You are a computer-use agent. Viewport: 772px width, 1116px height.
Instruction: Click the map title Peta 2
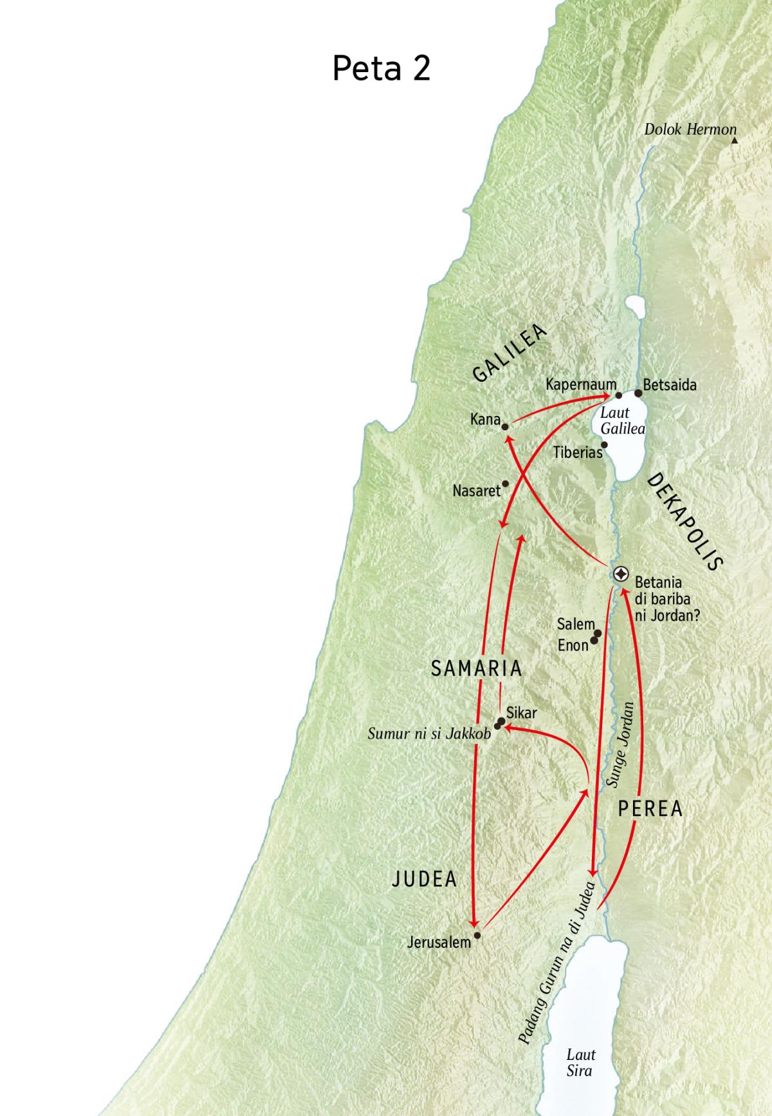pos(381,68)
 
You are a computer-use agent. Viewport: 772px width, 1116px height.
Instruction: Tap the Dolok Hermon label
pos(690,129)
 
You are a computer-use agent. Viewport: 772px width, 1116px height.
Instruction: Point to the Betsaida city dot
pos(638,393)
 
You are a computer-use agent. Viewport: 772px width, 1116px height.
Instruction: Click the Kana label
pos(485,420)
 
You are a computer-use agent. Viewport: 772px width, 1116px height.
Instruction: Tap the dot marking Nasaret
pos(505,484)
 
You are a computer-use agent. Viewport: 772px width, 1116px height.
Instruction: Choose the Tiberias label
pos(577,453)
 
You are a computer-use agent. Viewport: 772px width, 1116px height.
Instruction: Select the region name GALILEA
pos(510,354)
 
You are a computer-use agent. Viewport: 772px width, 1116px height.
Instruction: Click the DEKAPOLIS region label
pos(685,522)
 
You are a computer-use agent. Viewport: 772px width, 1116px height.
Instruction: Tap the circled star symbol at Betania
pos(621,574)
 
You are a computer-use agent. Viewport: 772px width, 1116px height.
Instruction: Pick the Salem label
pos(576,624)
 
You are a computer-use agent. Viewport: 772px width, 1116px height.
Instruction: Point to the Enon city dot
pos(594,641)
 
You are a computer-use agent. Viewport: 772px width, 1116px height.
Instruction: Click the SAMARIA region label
pos(476,668)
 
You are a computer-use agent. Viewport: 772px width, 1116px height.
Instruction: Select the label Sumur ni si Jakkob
pos(429,733)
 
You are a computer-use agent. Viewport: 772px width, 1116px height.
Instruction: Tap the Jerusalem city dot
pos(477,935)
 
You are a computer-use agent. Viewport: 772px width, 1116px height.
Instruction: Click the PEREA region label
pos(650,809)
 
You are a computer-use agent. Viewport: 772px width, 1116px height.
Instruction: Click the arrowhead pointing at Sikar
pos(508,728)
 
